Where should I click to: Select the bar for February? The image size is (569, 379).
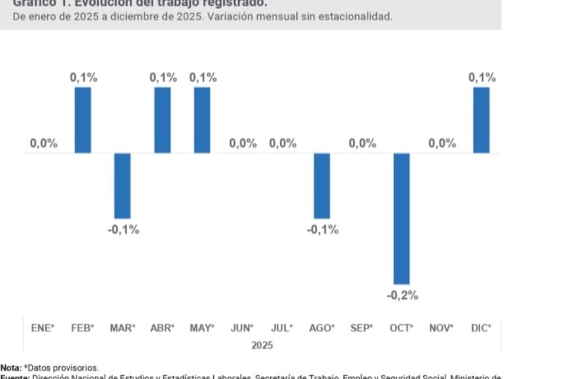pyautogui.click(x=83, y=120)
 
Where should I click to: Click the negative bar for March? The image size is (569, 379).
pyautogui.click(x=122, y=186)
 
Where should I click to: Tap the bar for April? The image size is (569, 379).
pyautogui.click(x=162, y=120)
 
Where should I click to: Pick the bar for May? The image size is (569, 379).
pyautogui.click(x=202, y=120)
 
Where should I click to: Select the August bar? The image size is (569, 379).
pyautogui.click(x=322, y=186)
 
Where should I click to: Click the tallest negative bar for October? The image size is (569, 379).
pyautogui.click(x=402, y=218)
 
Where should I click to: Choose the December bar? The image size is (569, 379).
pyautogui.click(x=481, y=120)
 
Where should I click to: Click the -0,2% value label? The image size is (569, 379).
pyautogui.click(x=402, y=295)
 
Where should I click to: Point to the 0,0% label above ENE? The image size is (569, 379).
pyautogui.click(x=43, y=144)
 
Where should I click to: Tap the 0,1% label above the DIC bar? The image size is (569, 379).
pyautogui.click(x=481, y=78)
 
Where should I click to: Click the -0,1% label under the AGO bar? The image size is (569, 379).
pyautogui.click(x=322, y=229)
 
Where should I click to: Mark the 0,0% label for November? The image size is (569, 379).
pyautogui.click(x=442, y=144)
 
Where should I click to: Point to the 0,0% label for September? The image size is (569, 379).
pyautogui.click(x=362, y=144)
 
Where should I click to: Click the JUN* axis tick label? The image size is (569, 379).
pyautogui.click(x=242, y=329)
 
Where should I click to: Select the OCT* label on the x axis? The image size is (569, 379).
pyautogui.click(x=402, y=329)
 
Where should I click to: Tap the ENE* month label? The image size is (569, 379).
pyautogui.click(x=43, y=329)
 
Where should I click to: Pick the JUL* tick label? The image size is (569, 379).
pyautogui.click(x=282, y=329)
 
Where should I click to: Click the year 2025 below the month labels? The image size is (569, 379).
pyautogui.click(x=262, y=345)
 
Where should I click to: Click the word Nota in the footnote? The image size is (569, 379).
pyautogui.click(x=10, y=369)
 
